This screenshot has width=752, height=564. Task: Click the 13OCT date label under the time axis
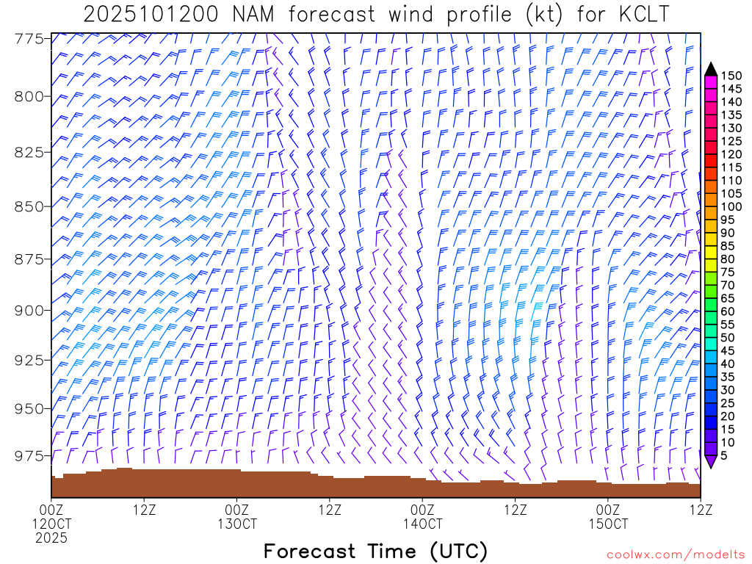237,524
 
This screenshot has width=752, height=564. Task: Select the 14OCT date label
423,524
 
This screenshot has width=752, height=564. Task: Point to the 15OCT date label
609,524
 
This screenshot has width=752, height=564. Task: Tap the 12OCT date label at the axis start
51,524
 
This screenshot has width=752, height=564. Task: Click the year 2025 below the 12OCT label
51,538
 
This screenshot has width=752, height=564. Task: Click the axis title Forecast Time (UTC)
375,551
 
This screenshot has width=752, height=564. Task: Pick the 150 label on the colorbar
731,76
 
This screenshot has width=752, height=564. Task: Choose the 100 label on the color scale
731,206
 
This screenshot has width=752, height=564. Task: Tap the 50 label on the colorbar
727,337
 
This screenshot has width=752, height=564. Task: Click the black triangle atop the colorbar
711,69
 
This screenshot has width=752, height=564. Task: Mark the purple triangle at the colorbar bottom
711,461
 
